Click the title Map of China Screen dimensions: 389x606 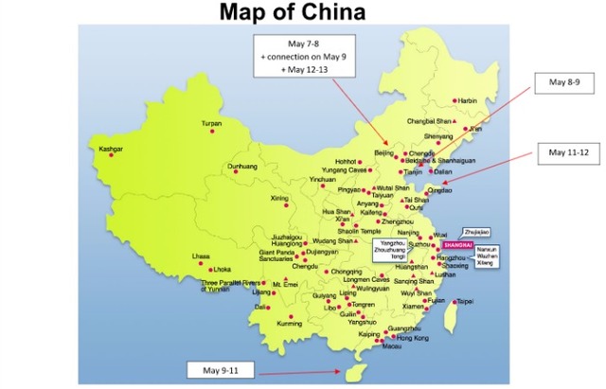click(302, 13)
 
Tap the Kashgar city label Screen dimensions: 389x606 click(111, 149)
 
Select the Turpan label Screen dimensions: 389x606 click(211, 124)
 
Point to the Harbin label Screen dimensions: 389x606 click(468, 100)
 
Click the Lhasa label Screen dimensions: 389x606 click(200, 256)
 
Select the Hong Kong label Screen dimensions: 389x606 click(413, 338)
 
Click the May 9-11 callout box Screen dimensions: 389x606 click(219, 368)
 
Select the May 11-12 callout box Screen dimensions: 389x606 click(569, 151)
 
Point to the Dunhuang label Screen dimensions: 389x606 click(242, 167)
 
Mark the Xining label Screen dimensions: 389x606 click(279, 198)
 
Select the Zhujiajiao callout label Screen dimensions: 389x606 click(475, 231)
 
